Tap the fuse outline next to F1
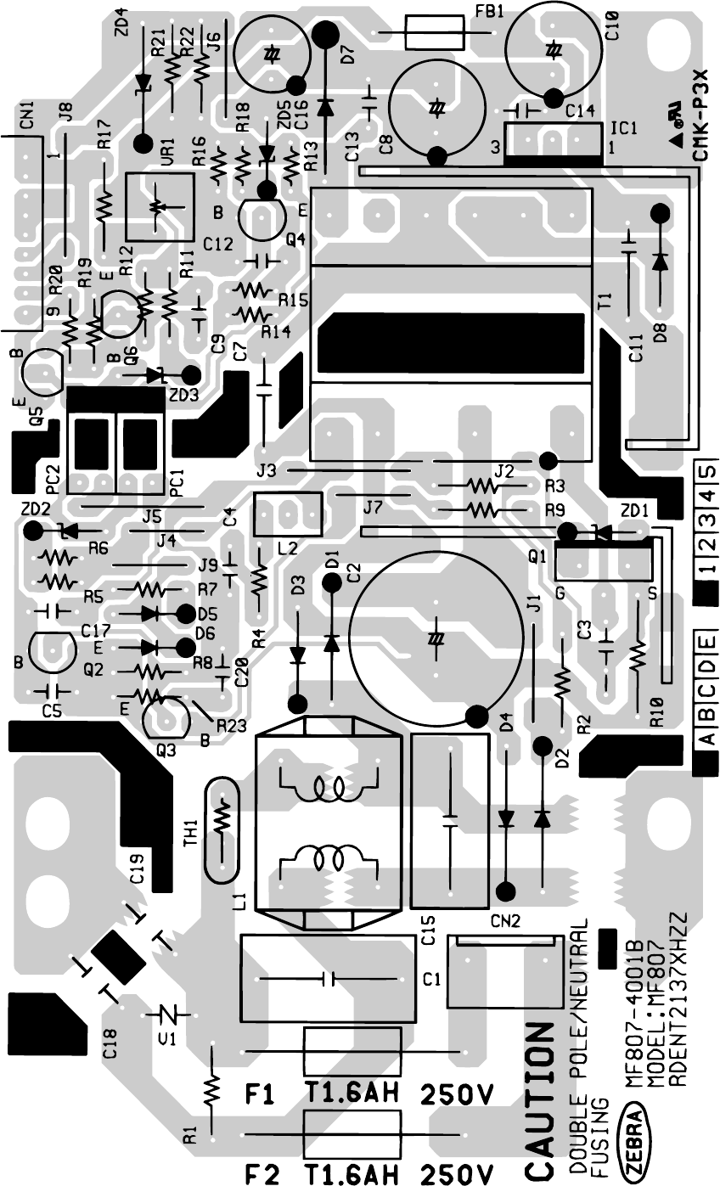352,1053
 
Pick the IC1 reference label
624,129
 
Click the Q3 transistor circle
166,718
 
